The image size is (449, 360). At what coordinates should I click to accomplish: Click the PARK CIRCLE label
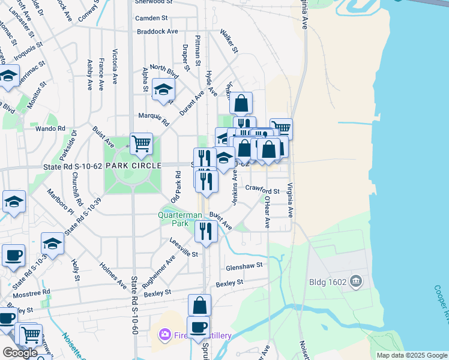(x=133, y=165)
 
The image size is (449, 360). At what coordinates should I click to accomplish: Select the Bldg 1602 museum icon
(x=356, y=281)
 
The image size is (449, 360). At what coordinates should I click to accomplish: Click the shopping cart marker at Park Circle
(x=141, y=144)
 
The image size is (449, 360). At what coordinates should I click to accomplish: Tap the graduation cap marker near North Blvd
(x=163, y=91)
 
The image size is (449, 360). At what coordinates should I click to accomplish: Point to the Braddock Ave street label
(x=158, y=31)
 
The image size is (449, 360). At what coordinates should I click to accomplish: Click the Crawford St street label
(x=263, y=191)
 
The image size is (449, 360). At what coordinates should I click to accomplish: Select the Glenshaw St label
(x=244, y=265)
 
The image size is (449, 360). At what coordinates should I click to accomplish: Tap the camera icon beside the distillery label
(x=163, y=334)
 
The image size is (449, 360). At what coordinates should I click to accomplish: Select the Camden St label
(x=151, y=18)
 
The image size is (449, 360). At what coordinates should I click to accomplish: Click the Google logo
(x=20, y=352)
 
